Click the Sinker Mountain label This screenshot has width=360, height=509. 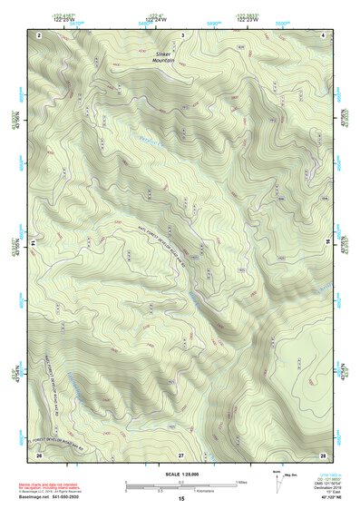click(163, 57)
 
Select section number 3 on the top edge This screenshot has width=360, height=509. click(182, 34)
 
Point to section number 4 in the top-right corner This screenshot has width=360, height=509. click(324, 34)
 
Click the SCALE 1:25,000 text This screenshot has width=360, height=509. click(181, 475)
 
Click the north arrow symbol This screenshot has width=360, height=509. click(277, 481)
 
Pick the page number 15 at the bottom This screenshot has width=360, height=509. click(181, 499)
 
